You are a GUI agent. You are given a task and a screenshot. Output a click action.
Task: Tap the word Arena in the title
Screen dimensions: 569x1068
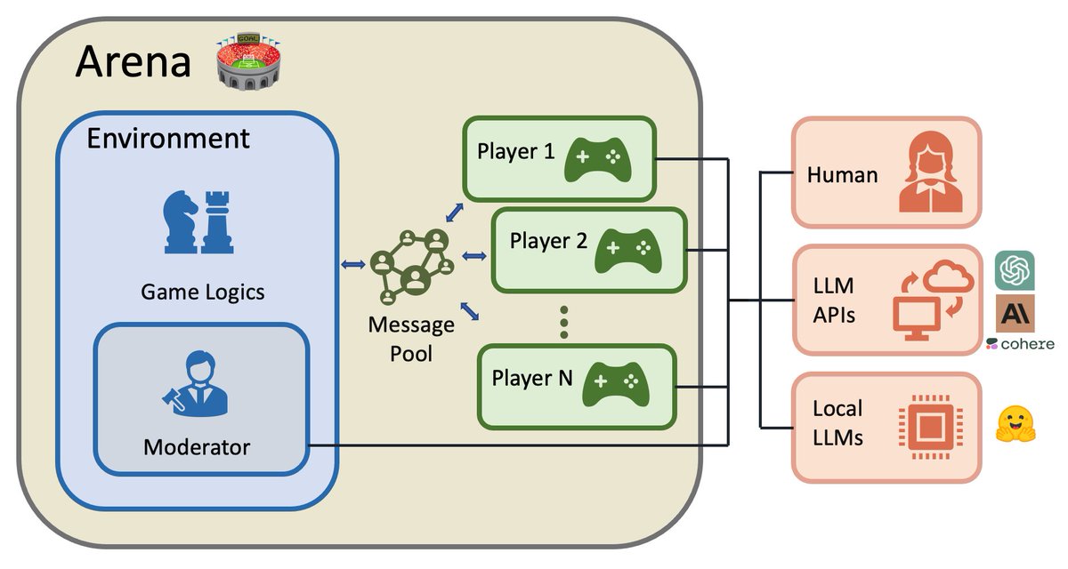133,62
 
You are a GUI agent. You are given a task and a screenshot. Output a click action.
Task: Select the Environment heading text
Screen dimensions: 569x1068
168,139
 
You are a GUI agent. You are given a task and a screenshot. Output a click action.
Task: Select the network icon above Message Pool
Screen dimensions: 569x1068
410,266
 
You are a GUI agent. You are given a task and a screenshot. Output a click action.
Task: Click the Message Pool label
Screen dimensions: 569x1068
411,339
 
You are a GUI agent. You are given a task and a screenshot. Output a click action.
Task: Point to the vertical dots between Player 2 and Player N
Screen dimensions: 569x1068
563,322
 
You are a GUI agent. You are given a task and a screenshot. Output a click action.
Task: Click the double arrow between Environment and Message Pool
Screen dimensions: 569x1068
353,264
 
